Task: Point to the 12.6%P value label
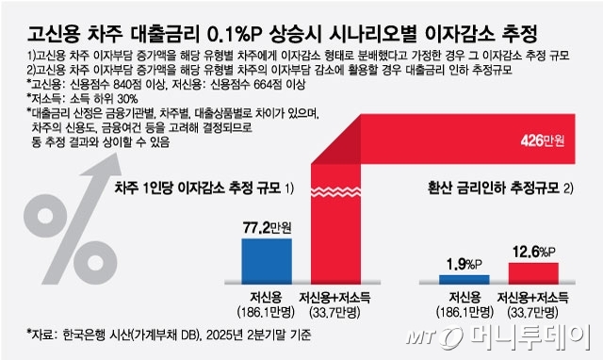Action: pos(533,252)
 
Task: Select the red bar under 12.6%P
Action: pos(532,273)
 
